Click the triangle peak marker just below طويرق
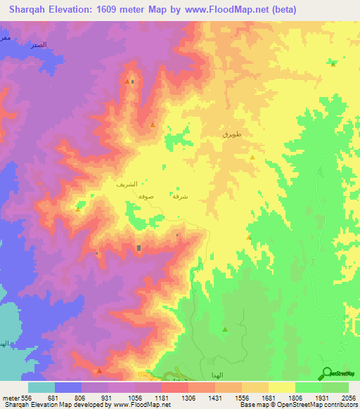click(252, 157)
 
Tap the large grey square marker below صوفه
click(139, 247)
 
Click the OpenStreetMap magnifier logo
click(328, 375)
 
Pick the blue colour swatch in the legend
click(68, 387)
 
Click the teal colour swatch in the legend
click(41, 387)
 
